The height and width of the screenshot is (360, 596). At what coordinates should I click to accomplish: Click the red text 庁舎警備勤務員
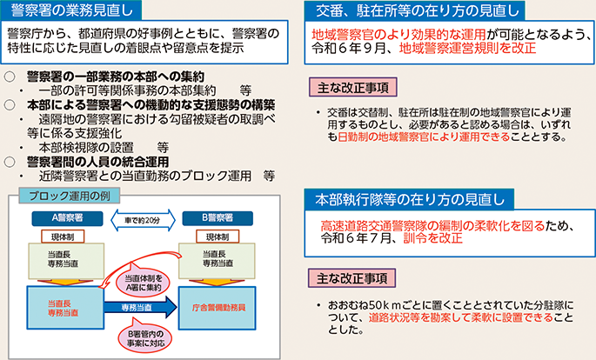pyautogui.click(x=218, y=307)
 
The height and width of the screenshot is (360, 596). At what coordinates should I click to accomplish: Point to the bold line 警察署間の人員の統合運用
pyautogui.click(x=96, y=161)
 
